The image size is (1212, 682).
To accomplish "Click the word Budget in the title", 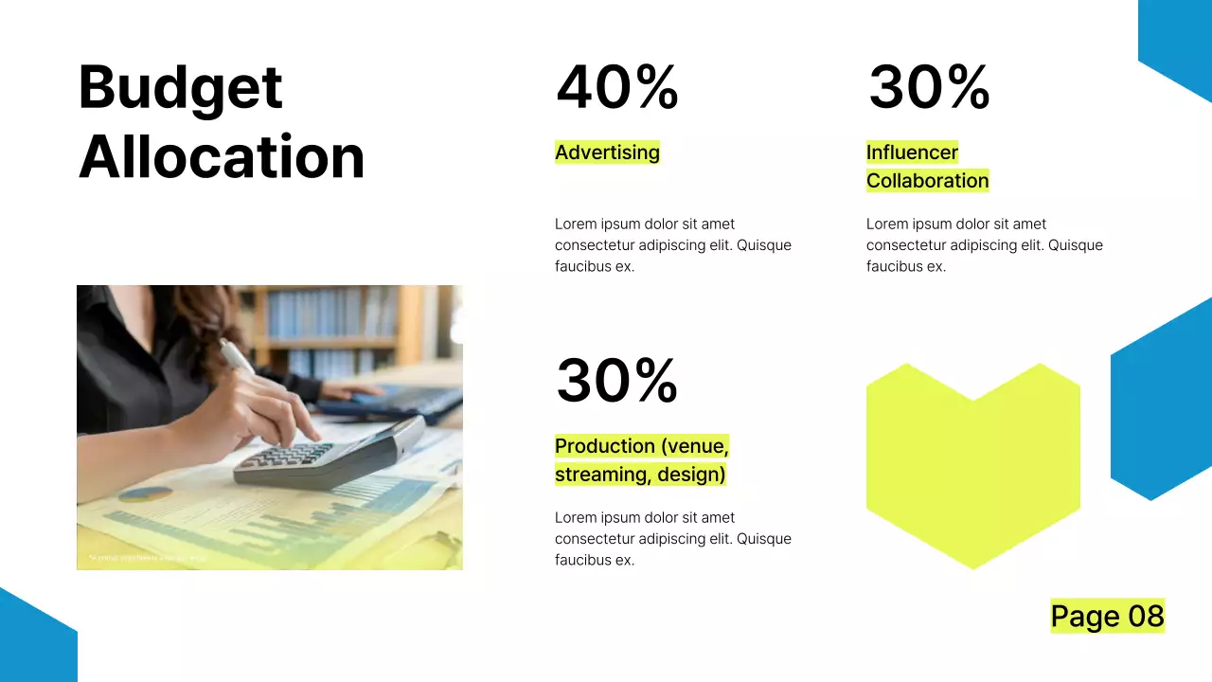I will pyautogui.click(x=180, y=88).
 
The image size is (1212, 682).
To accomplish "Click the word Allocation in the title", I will pyautogui.click(x=222, y=157).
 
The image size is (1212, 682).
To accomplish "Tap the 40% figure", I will pyautogui.click(x=616, y=87).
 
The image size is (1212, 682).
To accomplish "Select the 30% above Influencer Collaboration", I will pyautogui.click(x=928, y=87).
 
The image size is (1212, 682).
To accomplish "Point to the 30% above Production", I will pyautogui.click(x=616, y=381).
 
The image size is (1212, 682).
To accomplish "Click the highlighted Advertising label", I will pyautogui.click(x=607, y=153).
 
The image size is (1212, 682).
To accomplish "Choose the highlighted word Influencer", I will pyautogui.click(x=912, y=153).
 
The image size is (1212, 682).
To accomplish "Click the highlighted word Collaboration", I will pyautogui.click(x=927, y=181).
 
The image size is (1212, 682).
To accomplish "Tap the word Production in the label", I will pyautogui.click(x=604, y=446).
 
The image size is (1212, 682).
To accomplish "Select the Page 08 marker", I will pyautogui.click(x=1107, y=617).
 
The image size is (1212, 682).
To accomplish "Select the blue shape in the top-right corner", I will pyautogui.click(x=1179, y=43).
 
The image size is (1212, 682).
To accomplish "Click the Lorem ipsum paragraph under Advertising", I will pyautogui.click(x=672, y=245).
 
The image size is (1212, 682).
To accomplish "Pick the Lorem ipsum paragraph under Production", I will pyautogui.click(x=672, y=539).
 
